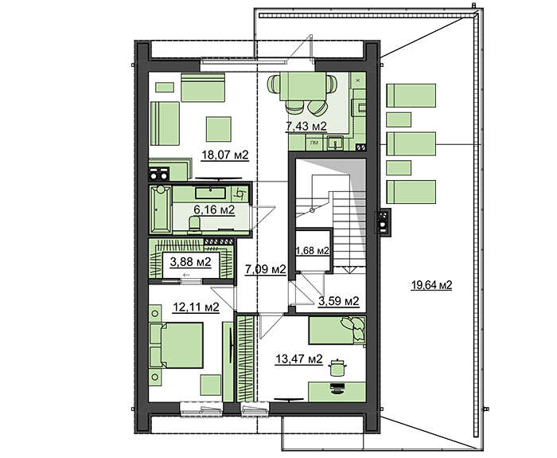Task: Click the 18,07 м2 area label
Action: pos(225,155)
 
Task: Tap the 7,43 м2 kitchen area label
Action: pos(306,126)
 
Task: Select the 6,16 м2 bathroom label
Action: pos(214,209)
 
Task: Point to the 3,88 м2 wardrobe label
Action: pos(190,262)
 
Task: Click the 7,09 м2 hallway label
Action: pos(265,269)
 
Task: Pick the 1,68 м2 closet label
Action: pos(312,251)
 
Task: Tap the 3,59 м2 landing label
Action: pos(338,301)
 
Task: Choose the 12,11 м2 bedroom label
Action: pos(196,307)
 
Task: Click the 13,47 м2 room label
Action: pos(299,358)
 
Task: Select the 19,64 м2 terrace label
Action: pos(431,285)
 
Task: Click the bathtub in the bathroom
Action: pos(161,209)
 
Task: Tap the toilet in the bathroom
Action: pos(194,225)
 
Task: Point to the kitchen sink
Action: pos(335,143)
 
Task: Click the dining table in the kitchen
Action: pos(303,86)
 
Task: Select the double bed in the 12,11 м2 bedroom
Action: pos(176,345)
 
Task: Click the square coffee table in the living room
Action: pos(219,129)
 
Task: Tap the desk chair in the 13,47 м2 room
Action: pos(336,368)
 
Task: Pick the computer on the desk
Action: pos(337,388)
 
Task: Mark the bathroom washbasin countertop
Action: pos(211,194)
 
